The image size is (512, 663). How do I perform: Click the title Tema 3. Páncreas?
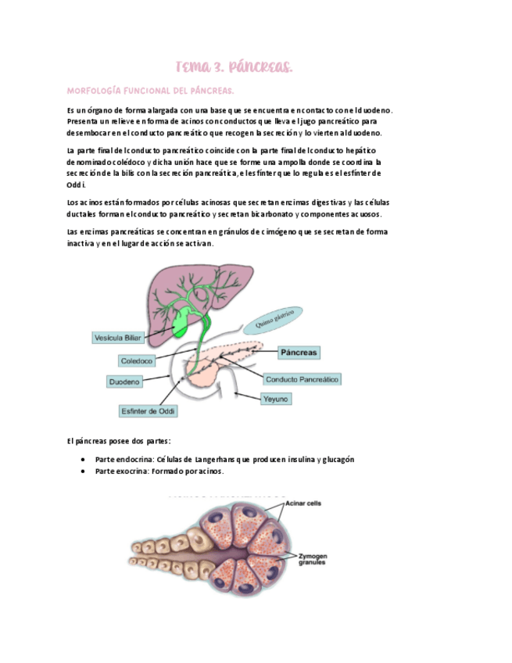(x=234, y=68)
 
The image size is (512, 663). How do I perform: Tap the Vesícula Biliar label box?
(x=118, y=338)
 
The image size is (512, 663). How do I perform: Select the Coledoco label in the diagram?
(x=137, y=360)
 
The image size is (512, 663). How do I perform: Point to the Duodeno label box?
(x=124, y=382)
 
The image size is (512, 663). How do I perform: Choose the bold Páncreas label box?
(x=299, y=353)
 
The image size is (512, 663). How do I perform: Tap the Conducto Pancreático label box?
(x=302, y=379)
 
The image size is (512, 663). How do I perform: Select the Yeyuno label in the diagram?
(x=276, y=399)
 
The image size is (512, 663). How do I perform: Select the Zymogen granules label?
(x=313, y=559)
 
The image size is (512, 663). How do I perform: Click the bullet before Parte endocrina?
(x=83, y=460)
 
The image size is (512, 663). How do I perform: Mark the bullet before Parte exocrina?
(x=83, y=471)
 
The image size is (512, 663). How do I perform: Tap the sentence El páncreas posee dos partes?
(x=119, y=441)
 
